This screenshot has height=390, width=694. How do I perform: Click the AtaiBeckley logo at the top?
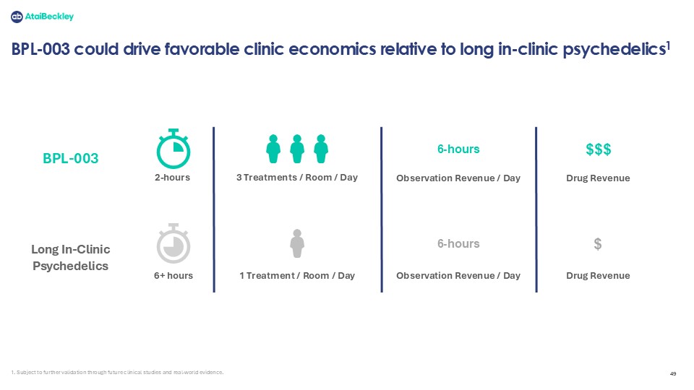tap(42, 17)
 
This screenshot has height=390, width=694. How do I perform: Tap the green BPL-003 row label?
tap(70, 158)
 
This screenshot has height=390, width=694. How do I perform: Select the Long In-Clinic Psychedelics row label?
tap(70, 257)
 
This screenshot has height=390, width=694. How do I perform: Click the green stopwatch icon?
tap(173, 149)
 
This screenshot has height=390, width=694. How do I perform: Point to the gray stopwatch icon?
tap(173, 243)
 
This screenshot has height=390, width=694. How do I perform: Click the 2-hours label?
tap(172, 178)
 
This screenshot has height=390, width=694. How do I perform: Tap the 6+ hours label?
tap(173, 275)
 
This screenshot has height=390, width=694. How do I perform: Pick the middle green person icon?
tap(297, 149)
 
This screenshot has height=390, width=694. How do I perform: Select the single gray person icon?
tap(297, 243)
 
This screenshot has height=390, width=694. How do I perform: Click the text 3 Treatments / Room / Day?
tap(297, 178)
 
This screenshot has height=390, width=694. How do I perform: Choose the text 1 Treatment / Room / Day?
tap(297, 275)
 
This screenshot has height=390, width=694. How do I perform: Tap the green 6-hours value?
tap(458, 149)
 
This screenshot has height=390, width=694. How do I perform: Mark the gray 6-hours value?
tap(458, 243)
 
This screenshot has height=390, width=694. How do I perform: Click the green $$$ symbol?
tap(599, 149)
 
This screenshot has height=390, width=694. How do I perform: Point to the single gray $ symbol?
tap(598, 244)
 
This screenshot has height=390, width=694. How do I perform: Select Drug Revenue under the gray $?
tap(598, 275)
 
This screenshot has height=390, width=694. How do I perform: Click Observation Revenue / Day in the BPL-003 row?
tap(458, 178)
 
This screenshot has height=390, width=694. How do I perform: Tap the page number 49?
tap(673, 373)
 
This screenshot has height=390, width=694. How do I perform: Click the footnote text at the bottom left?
tap(117, 373)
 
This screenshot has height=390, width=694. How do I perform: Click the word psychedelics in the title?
tap(614, 49)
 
